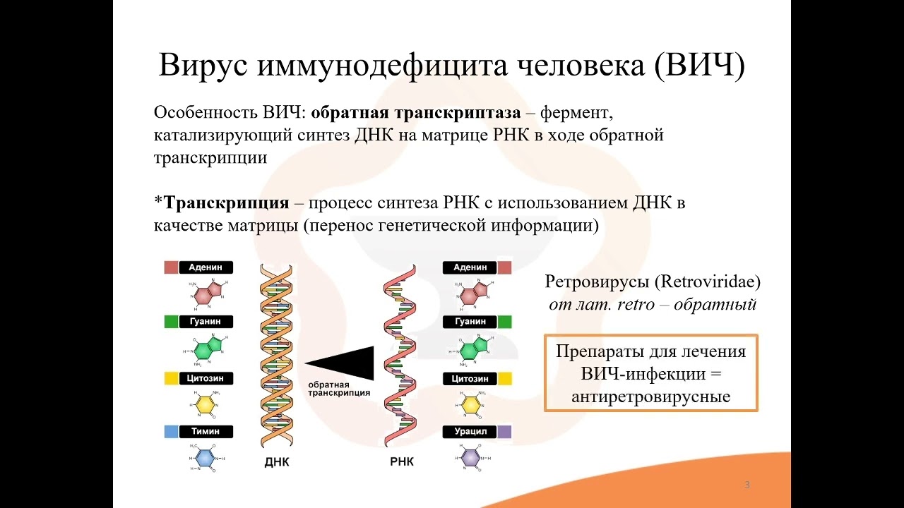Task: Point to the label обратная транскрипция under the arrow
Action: (x=338, y=389)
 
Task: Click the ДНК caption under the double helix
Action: (x=277, y=463)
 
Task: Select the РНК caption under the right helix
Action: (x=402, y=463)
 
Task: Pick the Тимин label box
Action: (x=206, y=431)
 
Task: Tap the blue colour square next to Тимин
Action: (x=171, y=431)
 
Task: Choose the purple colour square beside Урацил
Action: (x=504, y=431)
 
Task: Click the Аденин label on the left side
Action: (x=206, y=268)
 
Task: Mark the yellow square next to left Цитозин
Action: (x=171, y=378)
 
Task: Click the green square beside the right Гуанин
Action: (x=504, y=322)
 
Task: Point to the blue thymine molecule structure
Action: (x=205, y=457)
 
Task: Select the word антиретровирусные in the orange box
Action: (x=650, y=397)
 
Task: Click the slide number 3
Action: (x=747, y=485)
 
